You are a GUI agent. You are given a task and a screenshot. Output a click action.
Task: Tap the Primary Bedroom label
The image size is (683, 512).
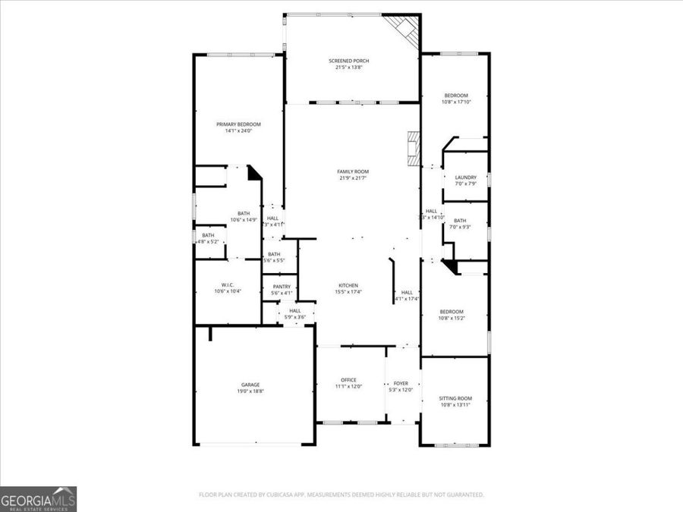coord(238,124)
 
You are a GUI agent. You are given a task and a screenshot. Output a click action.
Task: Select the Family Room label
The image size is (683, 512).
coord(352,171)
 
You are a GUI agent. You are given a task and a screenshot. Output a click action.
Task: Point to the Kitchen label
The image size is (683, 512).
coord(349,285)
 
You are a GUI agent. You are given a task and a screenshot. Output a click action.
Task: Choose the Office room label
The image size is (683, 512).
coord(348,380)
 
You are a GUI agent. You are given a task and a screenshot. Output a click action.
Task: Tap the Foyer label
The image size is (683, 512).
coord(401,383)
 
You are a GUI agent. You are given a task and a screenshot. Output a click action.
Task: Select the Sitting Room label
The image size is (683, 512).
coord(455,398)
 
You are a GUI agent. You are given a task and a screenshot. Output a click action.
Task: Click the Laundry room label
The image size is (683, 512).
coord(465,177)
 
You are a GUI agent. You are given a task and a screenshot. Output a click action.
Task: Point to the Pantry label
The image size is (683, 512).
coord(282,286)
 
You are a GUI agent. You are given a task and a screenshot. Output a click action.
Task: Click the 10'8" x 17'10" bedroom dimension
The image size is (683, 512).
coord(456,102)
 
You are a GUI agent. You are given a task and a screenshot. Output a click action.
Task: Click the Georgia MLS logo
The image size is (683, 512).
coord(39,499)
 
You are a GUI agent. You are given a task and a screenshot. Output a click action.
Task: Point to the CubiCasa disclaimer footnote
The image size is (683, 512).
coord(341,495)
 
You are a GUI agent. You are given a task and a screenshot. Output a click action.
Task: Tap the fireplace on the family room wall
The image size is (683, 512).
coord(413,149)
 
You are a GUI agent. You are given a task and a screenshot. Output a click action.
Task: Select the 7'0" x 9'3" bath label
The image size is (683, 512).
coord(460,224)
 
